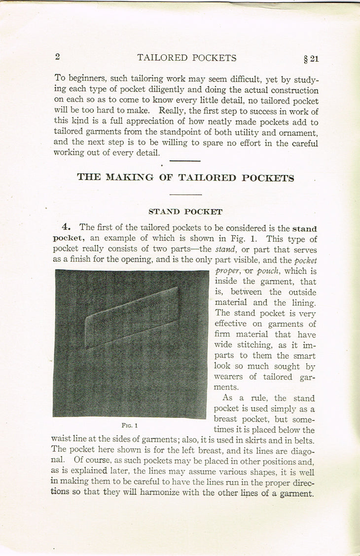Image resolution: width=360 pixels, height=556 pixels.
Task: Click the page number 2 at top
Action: pyautogui.click(x=58, y=57)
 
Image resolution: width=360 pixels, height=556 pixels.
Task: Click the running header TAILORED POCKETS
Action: pyautogui.click(x=187, y=58)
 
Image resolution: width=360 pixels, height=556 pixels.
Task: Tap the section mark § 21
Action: pyautogui.click(x=311, y=59)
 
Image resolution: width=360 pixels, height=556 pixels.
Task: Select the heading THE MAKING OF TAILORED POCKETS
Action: pyautogui.click(x=185, y=178)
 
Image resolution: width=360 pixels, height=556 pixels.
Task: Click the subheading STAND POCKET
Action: pyautogui.click(x=185, y=212)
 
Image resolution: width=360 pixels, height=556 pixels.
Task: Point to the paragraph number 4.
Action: pyautogui.click(x=67, y=227)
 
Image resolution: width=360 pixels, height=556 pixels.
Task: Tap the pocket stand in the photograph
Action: pyautogui.click(x=132, y=317)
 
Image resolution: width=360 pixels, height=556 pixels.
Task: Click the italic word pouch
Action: pyautogui.click(x=268, y=271)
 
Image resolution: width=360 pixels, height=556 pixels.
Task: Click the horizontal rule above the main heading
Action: pyautogui.click(x=185, y=161)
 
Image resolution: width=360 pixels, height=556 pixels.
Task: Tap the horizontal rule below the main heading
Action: pyautogui.click(x=185, y=195)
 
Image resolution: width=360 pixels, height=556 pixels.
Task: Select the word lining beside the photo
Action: pyautogui.click(x=302, y=303)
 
